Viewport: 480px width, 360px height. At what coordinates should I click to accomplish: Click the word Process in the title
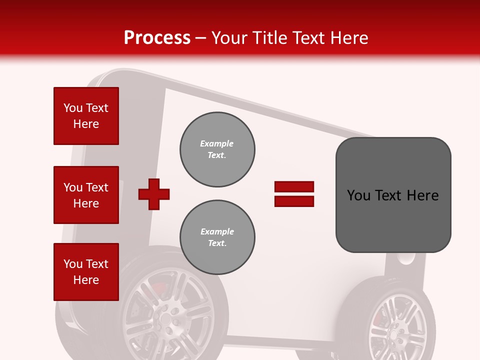157,38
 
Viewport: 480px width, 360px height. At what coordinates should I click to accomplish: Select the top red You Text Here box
86,116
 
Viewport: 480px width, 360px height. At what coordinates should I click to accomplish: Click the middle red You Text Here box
86,195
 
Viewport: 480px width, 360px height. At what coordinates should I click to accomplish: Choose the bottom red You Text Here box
86,272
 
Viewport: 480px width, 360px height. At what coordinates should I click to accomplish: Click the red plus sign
154,194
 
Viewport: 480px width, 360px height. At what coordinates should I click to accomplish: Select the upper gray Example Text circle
217,149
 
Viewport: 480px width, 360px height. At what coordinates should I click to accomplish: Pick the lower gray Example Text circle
217,237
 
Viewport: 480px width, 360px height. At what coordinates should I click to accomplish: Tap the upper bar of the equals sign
294,186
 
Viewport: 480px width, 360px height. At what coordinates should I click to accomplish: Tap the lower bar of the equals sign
294,201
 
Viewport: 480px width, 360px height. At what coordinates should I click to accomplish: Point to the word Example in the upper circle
217,143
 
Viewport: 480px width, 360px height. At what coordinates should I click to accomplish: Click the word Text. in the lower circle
217,243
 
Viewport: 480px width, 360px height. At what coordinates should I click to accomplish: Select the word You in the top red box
73,108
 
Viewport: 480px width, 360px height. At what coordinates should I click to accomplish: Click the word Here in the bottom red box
86,280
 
